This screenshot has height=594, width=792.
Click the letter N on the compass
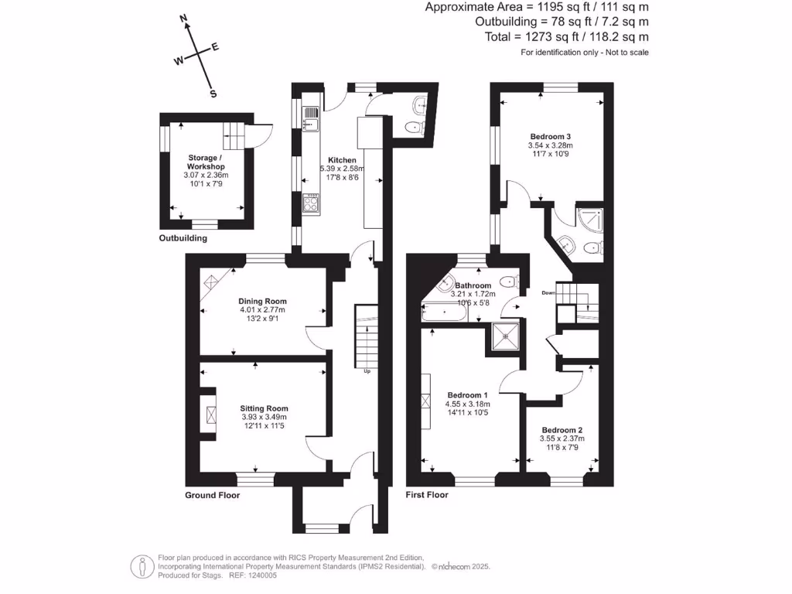pos(184,19)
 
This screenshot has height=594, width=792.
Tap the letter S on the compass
pos(213,94)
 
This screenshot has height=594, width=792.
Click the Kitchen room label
pos(342,160)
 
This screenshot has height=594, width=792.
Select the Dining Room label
pos(263,301)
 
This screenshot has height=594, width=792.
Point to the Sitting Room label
pos(265,408)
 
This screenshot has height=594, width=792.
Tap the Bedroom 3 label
pos(551,136)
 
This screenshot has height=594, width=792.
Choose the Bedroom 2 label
pos(562,430)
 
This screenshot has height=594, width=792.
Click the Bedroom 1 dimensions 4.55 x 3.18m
pos(468,404)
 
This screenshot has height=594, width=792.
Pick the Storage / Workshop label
pos(206,162)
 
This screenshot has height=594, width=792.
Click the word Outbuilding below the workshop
pos(183,238)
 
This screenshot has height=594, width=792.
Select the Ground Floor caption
pos(212,495)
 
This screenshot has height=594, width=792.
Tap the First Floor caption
pos(427,494)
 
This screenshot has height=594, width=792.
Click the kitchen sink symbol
pos(311,118)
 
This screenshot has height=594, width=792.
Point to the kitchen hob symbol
pos(311,204)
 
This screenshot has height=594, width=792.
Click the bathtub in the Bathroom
pos(444,312)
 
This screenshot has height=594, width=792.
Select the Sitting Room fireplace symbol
pos(210,415)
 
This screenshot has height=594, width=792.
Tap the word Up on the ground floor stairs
pos(367,371)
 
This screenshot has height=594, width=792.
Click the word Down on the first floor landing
pos(548,293)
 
